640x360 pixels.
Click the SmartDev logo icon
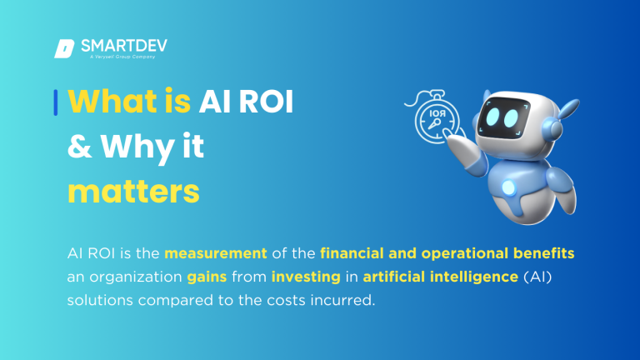64,48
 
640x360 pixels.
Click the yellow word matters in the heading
133,191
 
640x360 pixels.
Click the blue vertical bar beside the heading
55,102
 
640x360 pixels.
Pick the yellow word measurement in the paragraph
216,252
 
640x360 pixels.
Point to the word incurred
344,299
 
